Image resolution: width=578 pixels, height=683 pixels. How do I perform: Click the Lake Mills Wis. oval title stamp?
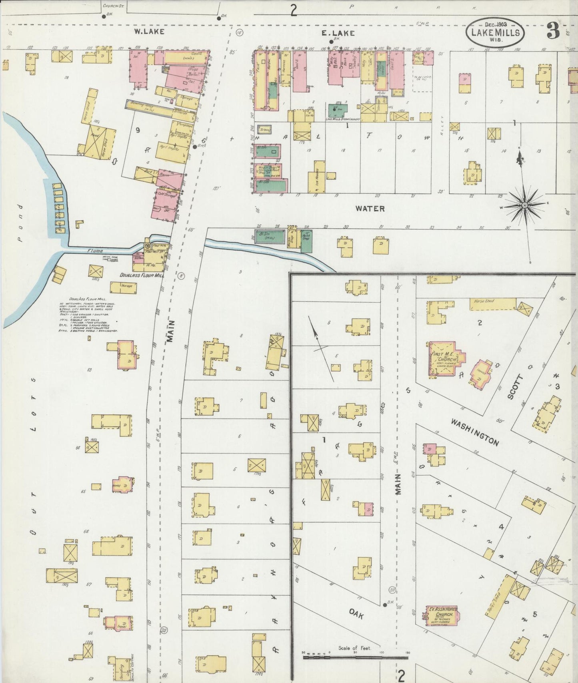coord(495,33)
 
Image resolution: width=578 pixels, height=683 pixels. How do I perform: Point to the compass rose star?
coord(524,205)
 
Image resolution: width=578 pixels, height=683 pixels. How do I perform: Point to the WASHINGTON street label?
coord(475,432)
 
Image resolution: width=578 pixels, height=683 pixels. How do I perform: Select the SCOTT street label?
coord(515,387)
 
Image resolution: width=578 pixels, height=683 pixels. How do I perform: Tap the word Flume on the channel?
coord(95,251)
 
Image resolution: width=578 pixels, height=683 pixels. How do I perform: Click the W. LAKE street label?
coord(149,31)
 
